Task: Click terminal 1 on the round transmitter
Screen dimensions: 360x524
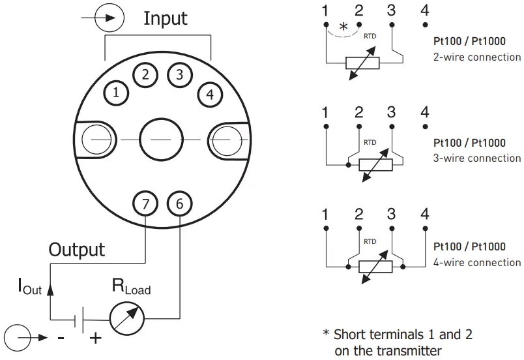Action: pos(116,93)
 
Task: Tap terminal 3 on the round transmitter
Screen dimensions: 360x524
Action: pos(179,74)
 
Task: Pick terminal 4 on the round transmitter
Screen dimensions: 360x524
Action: pos(209,94)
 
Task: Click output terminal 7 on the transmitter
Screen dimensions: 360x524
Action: pos(145,204)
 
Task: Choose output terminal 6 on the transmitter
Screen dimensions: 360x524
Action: pos(179,204)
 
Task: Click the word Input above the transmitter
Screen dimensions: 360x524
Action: pos(166,18)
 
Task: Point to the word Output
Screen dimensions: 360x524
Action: pos(77,249)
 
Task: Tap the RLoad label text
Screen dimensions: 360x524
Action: pos(131,285)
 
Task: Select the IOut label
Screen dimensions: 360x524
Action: pos(29,286)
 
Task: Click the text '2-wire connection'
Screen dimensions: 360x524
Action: pos(477,57)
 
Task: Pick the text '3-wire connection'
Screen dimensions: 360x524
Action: pos(477,158)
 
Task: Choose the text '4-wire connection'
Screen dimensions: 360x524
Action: pos(477,262)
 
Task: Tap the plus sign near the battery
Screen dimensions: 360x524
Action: pos(95,338)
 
